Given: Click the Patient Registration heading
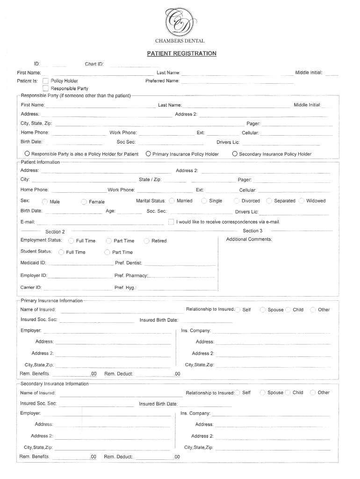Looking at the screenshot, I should tap(182, 53).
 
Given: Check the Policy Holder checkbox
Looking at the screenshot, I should tap(46, 81).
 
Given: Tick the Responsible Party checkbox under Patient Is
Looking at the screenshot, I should tap(46, 88).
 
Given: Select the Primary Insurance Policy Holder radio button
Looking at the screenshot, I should tap(148, 153).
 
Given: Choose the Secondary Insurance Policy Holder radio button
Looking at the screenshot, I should tap(235, 153).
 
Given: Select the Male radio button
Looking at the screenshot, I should tap(45, 202).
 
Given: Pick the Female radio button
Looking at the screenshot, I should tap(84, 202).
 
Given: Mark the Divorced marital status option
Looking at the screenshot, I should tap(237, 201).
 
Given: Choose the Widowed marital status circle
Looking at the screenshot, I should tap(302, 201).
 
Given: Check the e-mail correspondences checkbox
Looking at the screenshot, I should tap(171, 221).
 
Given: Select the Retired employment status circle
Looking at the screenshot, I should tap(147, 241).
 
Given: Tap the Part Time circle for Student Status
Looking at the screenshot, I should tap(107, 252).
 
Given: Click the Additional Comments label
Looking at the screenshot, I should tap(249, 239).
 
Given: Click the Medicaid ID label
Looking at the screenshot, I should tap(33, 263).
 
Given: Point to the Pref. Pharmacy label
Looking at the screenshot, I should tap(131, 276).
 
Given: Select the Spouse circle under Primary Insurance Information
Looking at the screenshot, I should tap(263, 310).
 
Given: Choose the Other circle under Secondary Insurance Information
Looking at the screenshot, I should tap(313, 392).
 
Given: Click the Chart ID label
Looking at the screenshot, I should tap(94, 64).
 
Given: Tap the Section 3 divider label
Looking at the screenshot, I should tap(252, 231).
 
